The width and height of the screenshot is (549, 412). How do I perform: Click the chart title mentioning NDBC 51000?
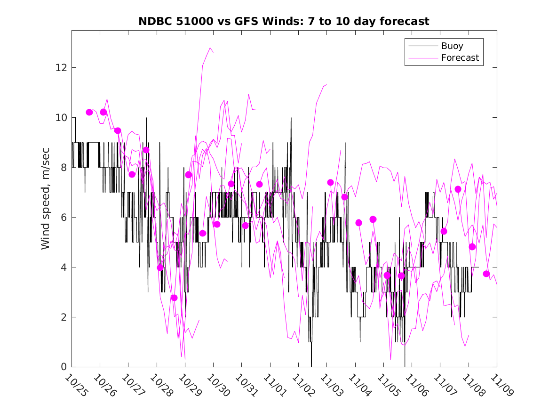(284, 22)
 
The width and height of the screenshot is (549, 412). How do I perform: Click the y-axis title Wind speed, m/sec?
(45, 198)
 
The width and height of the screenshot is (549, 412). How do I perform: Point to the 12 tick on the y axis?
(63, 68)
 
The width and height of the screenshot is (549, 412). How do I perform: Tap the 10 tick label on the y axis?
(63, 118)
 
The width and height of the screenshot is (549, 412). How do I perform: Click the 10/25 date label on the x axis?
(76, 386)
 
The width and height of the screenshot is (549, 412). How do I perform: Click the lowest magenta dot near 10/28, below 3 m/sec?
(174, 298)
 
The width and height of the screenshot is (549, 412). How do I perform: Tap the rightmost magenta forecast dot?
(486, 274)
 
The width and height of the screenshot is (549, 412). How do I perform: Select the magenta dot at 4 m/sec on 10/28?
(160, 267)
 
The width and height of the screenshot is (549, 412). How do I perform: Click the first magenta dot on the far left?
(89, 112)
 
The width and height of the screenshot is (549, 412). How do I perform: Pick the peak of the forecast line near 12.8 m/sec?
(210, 48)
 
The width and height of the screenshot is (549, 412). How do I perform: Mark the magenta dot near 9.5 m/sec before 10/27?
(118, 130)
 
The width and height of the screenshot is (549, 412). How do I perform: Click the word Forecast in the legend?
(460, 58)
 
